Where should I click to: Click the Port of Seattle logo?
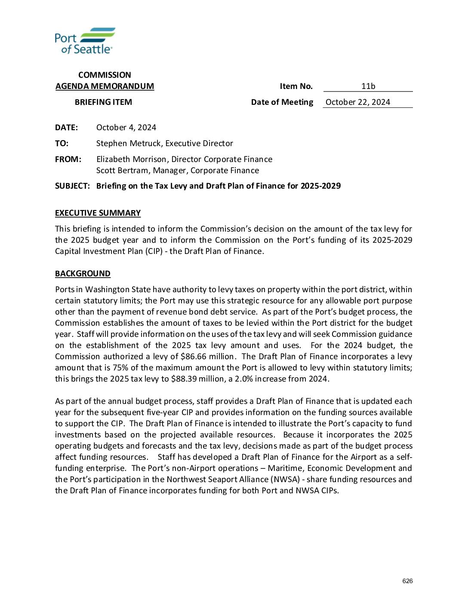point(85,41)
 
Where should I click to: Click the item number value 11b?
point(368,86)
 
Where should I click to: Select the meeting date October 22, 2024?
point(358,102)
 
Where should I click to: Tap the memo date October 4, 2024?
point(126,128)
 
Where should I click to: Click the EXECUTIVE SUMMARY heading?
point(98,213)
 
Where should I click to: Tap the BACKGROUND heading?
point(83,274)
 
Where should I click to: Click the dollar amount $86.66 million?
point(207,357)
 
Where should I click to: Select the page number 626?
point(407,581)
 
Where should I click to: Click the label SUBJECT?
point(72,186)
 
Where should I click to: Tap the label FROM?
point(68,159)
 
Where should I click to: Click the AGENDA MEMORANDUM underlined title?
point(105,86)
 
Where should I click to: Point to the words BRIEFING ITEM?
point(103,102)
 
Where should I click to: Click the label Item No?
point(296,86)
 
